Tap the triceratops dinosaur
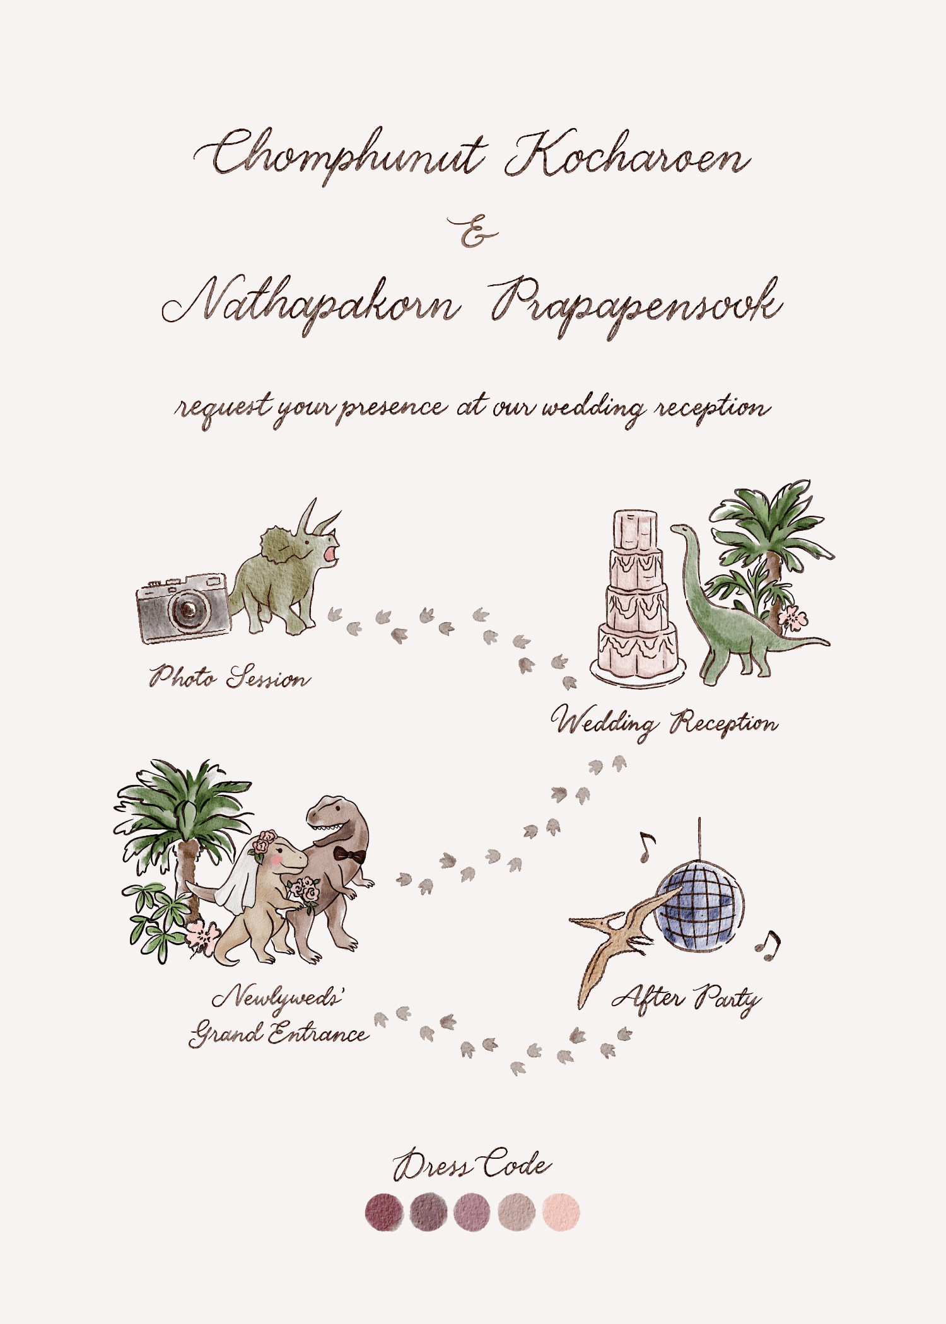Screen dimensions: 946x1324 pyautogui.click(x=284, y=577)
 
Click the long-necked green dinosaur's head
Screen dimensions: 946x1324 pyautogui.click(x=680, y=530)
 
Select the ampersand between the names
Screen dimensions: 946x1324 pyautogui.click(x=473, y=232)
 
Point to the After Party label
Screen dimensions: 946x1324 pyautogui.click(x=687, y=998)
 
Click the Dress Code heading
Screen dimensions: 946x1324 pyautogui.click(x=472, y=1165)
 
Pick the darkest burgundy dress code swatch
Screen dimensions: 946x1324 pyautogui.click(x=384, y=1211)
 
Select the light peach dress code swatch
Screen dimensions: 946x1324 pyautogui.click(x=561, y=1211)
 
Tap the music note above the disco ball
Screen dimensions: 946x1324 pyautogui.click(x=646, y=846)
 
